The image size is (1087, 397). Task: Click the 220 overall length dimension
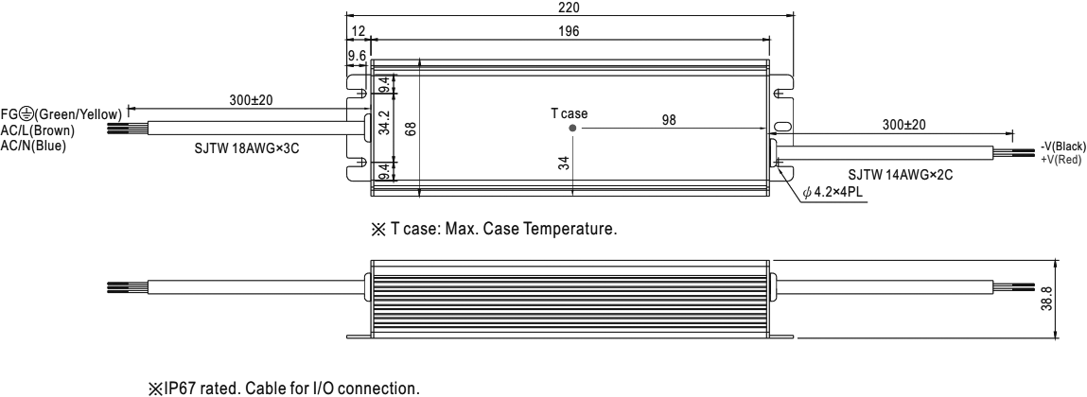point(570,8)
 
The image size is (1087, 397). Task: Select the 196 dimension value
point(570,31)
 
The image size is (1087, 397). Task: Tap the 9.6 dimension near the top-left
point(357,56)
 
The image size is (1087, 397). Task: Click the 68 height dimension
point(412,128)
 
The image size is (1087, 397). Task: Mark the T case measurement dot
point(572,129)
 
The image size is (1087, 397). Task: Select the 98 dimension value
point(668,120)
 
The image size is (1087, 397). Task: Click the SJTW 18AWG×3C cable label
point(248,149)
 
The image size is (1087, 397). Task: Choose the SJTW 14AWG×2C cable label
point(901,175)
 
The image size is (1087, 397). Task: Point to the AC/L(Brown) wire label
point(38,130)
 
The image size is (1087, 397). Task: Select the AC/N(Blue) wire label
point(33,146)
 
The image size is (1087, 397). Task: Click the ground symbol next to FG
point(25,113)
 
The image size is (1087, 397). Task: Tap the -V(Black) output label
point(1062,147)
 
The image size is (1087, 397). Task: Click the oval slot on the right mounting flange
point(781,127)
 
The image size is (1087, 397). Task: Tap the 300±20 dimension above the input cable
point(251,100)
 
